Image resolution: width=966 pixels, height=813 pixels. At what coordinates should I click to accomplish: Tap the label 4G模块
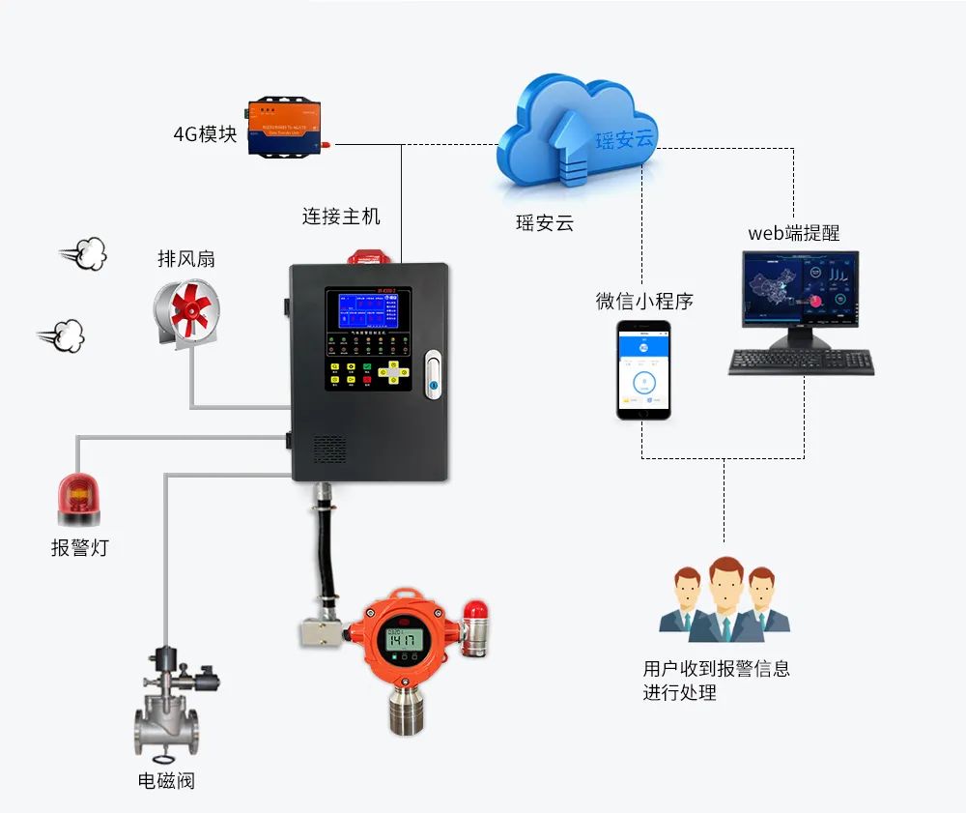pos(205,134)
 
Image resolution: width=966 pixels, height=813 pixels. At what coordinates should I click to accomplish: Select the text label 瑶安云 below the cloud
pos(545,223)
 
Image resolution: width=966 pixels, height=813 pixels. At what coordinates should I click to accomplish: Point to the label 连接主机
pos(341,216)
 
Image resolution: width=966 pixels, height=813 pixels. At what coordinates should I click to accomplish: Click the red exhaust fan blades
pos(191,306)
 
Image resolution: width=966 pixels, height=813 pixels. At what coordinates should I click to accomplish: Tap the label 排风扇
pos(186,259)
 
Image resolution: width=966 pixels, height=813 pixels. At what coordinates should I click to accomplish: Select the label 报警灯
pos(80,548)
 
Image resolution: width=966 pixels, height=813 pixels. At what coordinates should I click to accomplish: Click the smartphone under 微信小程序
pos(643,370)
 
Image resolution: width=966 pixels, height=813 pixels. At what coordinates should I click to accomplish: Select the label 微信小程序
pos(644,302)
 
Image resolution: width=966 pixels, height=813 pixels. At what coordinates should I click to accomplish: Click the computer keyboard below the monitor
pos(802,363)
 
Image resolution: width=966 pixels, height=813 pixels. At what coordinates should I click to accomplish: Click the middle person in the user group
pos(724,598)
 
